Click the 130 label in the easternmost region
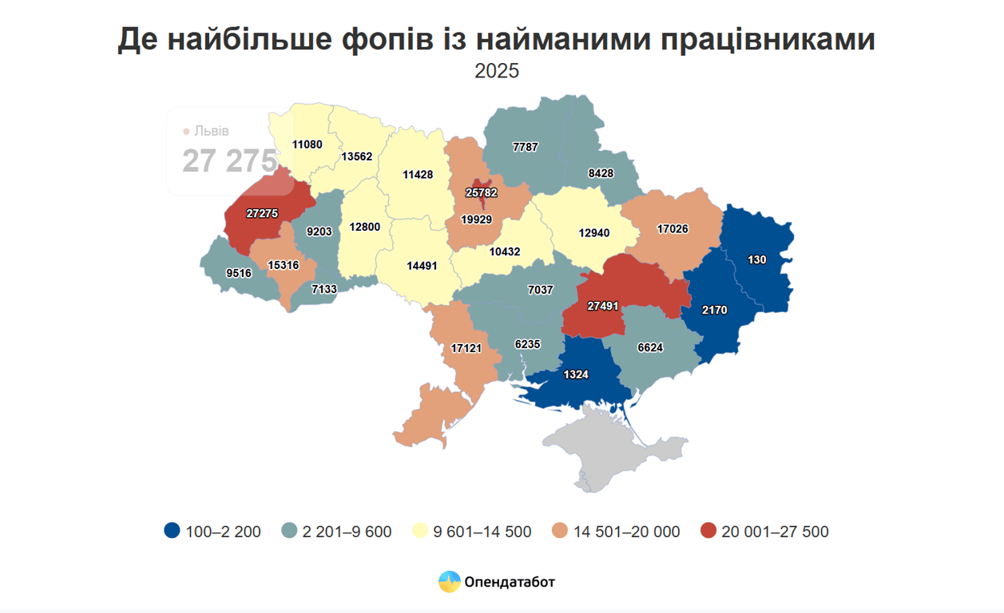coord(757,259)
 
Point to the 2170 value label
coord(714,310)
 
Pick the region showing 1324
coord(575,374)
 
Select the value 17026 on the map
coord(673,228)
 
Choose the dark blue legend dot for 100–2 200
coord(171,531)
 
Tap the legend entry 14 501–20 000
coord(626,532)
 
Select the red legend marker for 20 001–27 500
coord(708,531)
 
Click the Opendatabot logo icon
coord(449,582)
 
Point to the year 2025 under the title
coord(497,71)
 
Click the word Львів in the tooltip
coord(212,131)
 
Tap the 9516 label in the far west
coord(238,273)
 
